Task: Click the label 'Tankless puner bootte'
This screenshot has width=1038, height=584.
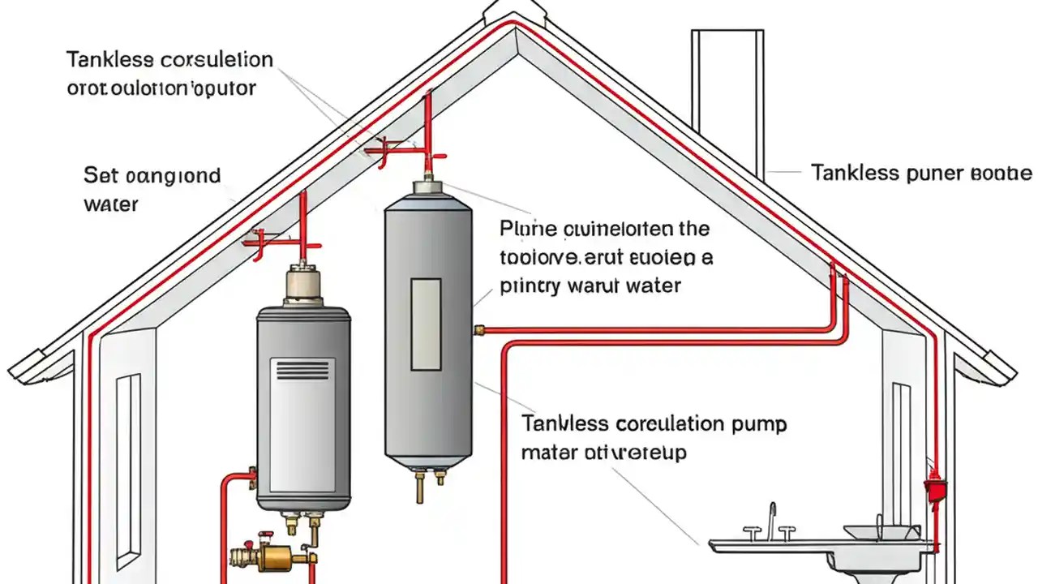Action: point(921,173)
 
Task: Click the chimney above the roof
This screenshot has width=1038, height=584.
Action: point(727,97)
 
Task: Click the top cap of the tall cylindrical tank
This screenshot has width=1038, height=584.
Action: point(427,187)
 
